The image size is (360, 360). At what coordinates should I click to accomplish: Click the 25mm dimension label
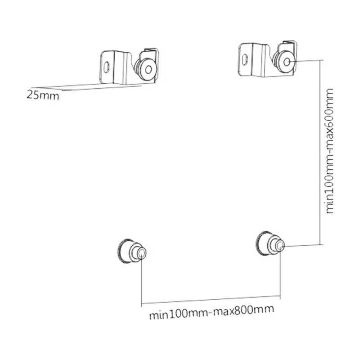43,95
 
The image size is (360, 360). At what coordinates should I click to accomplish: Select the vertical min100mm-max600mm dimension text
329,151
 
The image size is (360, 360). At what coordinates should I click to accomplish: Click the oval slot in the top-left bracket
107,67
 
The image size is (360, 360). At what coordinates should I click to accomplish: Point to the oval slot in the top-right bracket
245,59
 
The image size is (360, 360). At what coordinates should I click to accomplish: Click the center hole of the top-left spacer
148,69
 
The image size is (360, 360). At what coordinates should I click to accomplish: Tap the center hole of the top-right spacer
287,62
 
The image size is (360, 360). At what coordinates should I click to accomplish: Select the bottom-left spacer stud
131,252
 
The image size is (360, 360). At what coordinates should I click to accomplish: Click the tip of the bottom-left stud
142,253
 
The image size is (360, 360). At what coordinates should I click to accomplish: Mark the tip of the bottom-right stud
280,246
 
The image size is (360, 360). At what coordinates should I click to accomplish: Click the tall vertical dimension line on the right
320,153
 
